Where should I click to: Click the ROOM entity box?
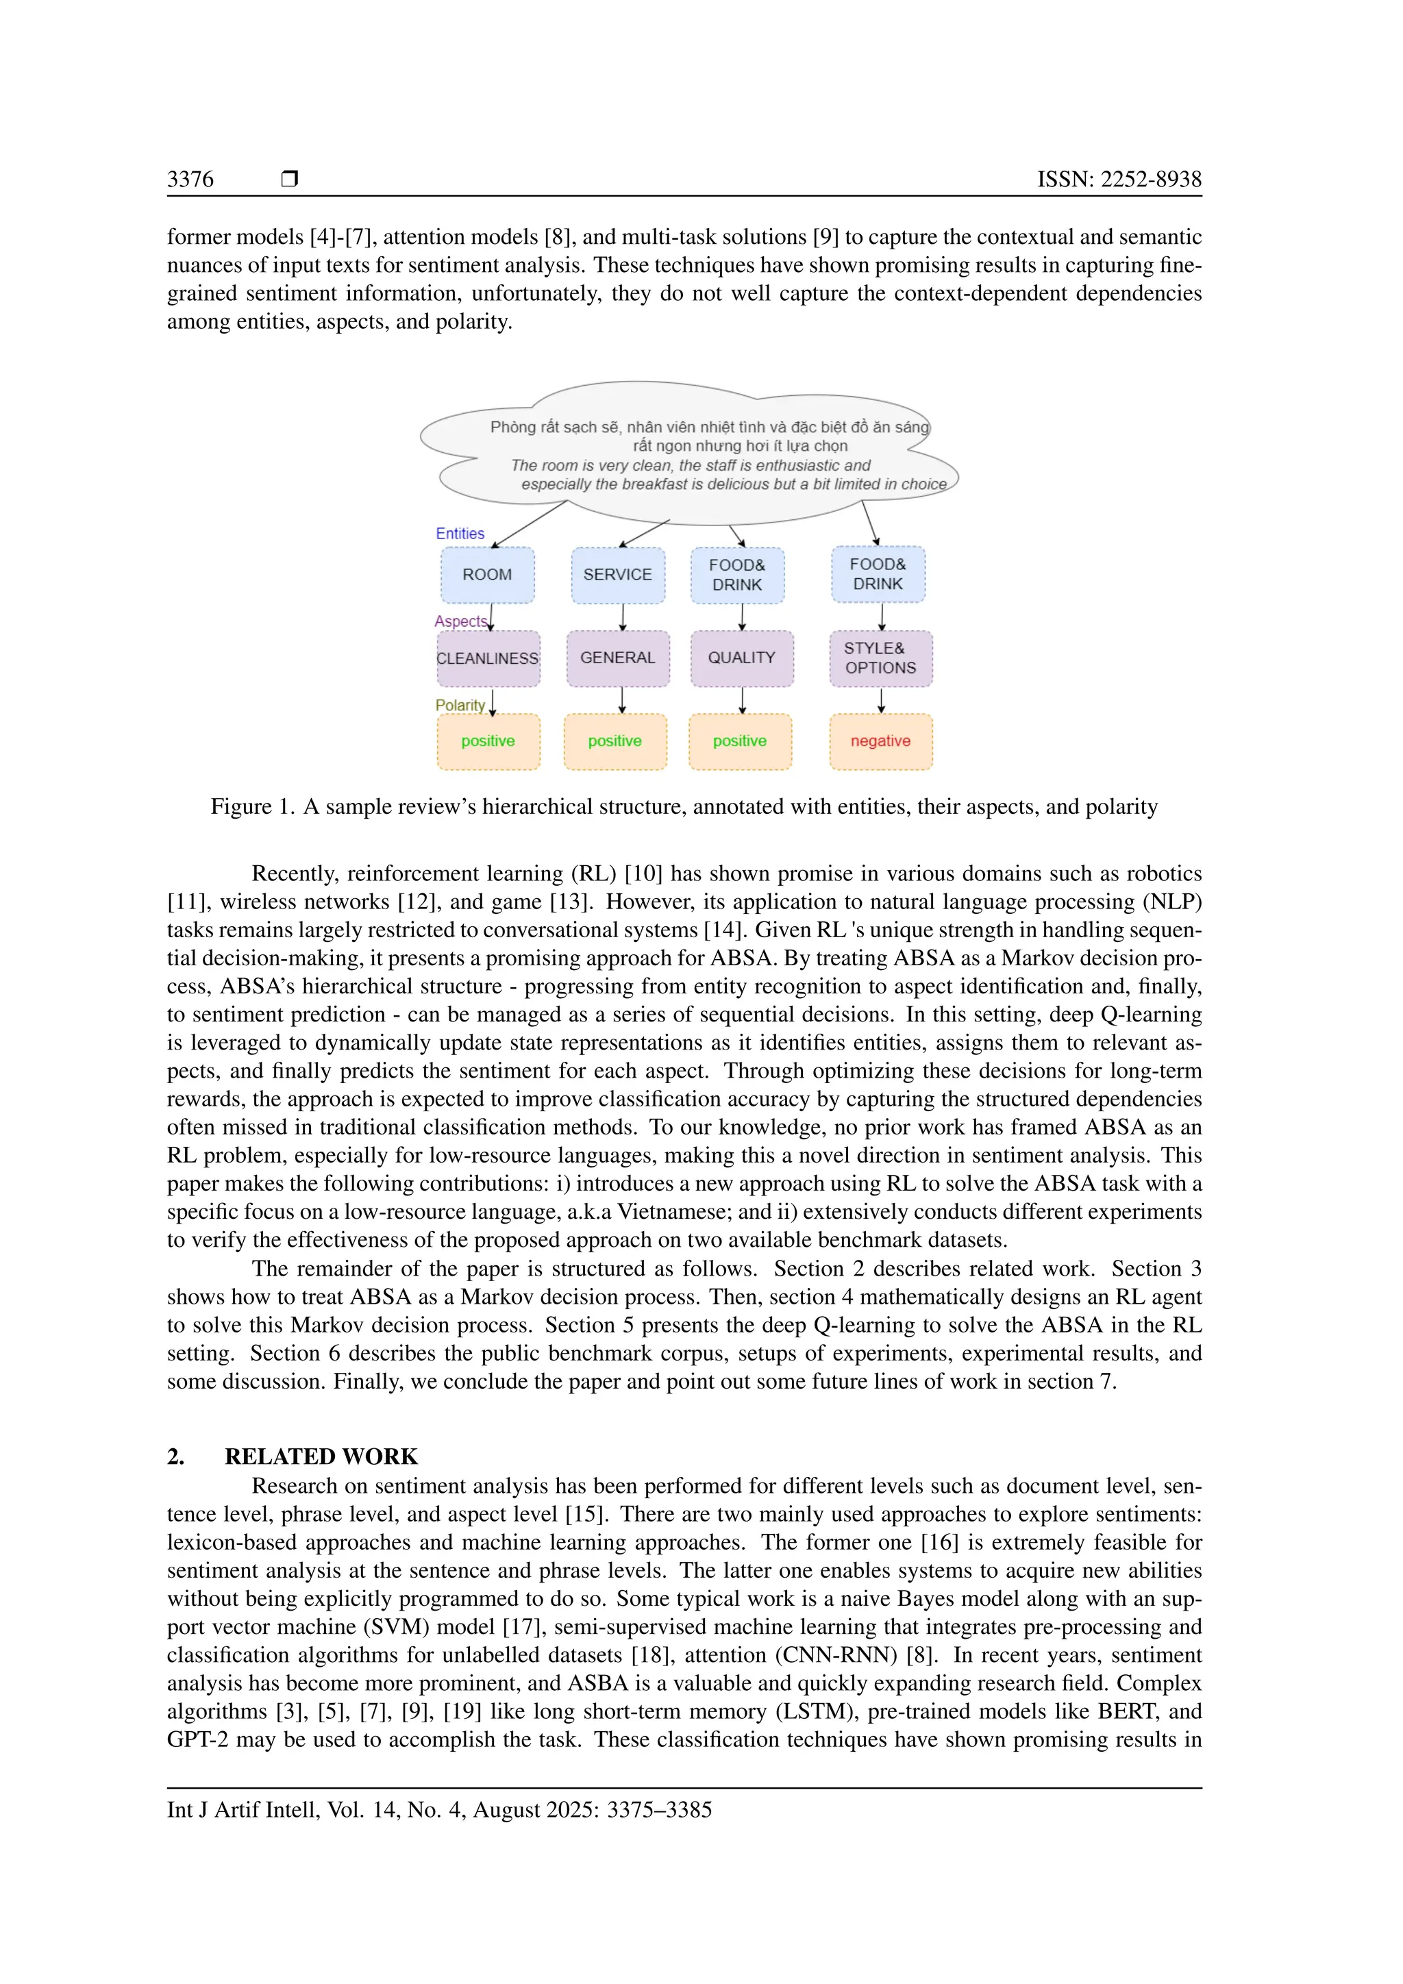click(x=487, y=575)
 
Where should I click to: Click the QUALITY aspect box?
click(x=741, y=658)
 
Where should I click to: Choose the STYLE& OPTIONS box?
click(x=880, y=658)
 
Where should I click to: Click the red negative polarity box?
click(x=880, y=741)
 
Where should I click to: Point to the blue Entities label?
click(x=460, y=533)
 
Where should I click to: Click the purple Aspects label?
click(x=460, y=621)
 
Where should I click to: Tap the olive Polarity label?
click(x=460, y=705)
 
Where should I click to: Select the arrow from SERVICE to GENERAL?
click(x=622, y=617)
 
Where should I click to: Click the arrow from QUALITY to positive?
click(x=742, y=700)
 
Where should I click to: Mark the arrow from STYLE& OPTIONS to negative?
click(x=881, y=700)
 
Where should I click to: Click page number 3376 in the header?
click(x=190, y=179)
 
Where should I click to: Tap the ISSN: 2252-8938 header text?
click(x=1119, y=179)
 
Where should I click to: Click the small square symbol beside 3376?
click(x=289, y=179)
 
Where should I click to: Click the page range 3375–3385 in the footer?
click(x=659, y=1809)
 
